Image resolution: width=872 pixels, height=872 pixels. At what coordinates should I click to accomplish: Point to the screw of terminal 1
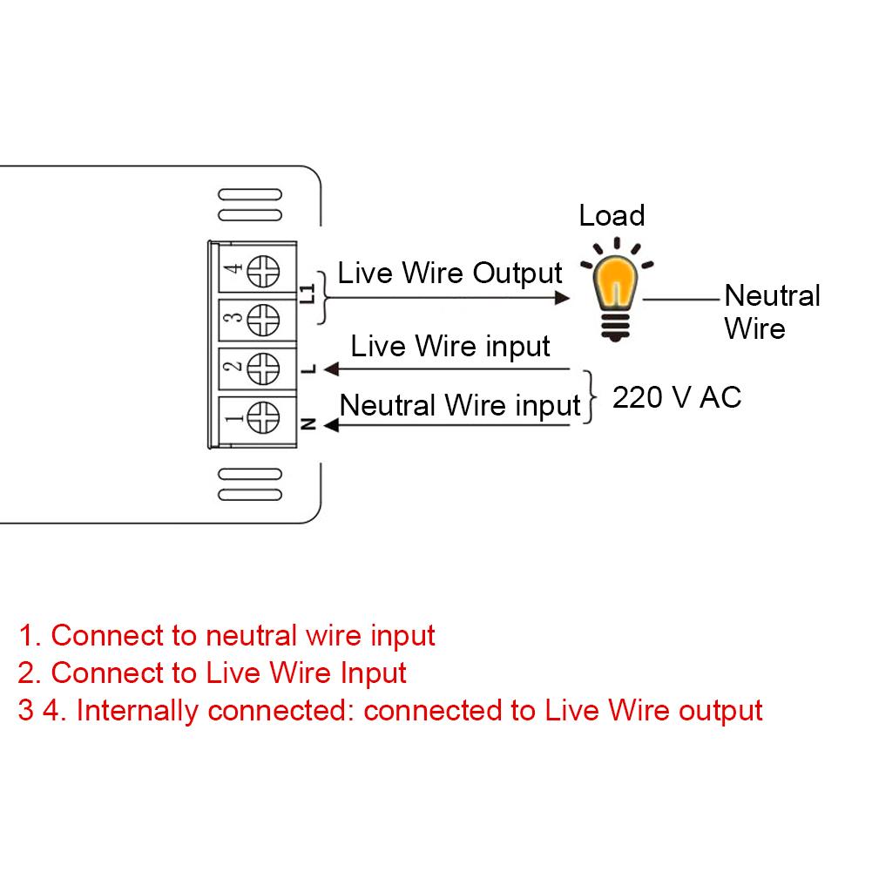[x=263, y=417]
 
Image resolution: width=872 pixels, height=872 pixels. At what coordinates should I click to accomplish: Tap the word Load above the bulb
[x=612, y=215]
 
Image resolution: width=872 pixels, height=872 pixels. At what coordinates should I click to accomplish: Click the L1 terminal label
[x=307, y=294]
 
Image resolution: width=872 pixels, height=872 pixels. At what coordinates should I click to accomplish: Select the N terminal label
[x=308, y=424]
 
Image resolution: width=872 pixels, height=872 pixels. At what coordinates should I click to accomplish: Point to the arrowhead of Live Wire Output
[x=564, y=297]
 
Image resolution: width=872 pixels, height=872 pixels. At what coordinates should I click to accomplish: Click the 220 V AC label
[x=677, y=397]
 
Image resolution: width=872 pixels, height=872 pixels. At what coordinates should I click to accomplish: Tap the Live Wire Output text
[x=450, y=273]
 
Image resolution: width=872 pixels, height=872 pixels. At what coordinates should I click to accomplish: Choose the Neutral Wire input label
[x=459, y=405]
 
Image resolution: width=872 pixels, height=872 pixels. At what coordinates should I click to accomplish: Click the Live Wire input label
[x=450, y=346]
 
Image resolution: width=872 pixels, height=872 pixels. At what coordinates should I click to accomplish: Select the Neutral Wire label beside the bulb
[x=771, y=312]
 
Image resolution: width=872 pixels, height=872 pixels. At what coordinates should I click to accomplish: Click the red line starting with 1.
[x=226, y=635]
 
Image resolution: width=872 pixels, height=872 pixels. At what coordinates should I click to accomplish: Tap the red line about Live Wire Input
[x=212, y=673]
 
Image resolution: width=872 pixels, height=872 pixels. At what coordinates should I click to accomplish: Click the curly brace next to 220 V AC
[x=593, y=397]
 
